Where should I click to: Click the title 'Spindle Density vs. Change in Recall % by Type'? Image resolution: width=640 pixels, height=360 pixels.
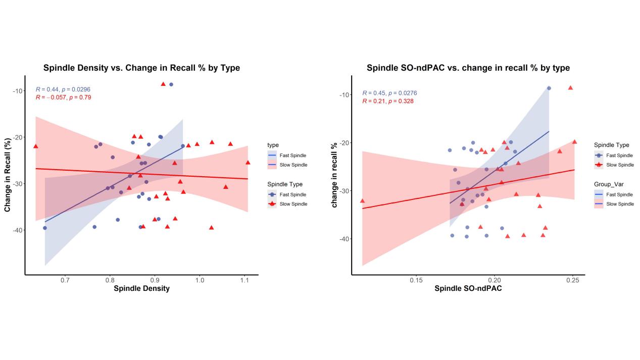[141, 68]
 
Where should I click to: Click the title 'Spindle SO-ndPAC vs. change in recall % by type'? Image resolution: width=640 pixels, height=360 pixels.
[468, 68]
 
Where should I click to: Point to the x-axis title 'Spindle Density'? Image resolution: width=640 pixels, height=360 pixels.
[141, 288]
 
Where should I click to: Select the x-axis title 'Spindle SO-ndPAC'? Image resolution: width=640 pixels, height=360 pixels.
[468, 288]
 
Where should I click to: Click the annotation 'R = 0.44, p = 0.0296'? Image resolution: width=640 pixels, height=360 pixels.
[63, 89]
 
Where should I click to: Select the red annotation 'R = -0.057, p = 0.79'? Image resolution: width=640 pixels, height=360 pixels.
[63, 97]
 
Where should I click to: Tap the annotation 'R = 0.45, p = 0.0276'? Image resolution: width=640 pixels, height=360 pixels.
[389, 93]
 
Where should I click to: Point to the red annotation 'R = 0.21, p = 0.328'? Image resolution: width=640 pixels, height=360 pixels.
[387, 101]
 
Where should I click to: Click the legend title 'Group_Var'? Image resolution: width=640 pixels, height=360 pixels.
[608, 184]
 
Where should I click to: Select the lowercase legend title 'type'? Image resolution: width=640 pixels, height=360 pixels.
[273, 145]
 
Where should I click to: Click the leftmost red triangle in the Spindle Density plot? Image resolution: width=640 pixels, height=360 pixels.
[35, 146]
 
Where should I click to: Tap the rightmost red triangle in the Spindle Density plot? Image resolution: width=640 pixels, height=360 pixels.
[248, 162]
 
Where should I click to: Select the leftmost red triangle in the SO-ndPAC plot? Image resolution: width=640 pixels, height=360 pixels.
[362, 200]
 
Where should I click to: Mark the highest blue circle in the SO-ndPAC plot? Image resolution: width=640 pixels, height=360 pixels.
[549, 88]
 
